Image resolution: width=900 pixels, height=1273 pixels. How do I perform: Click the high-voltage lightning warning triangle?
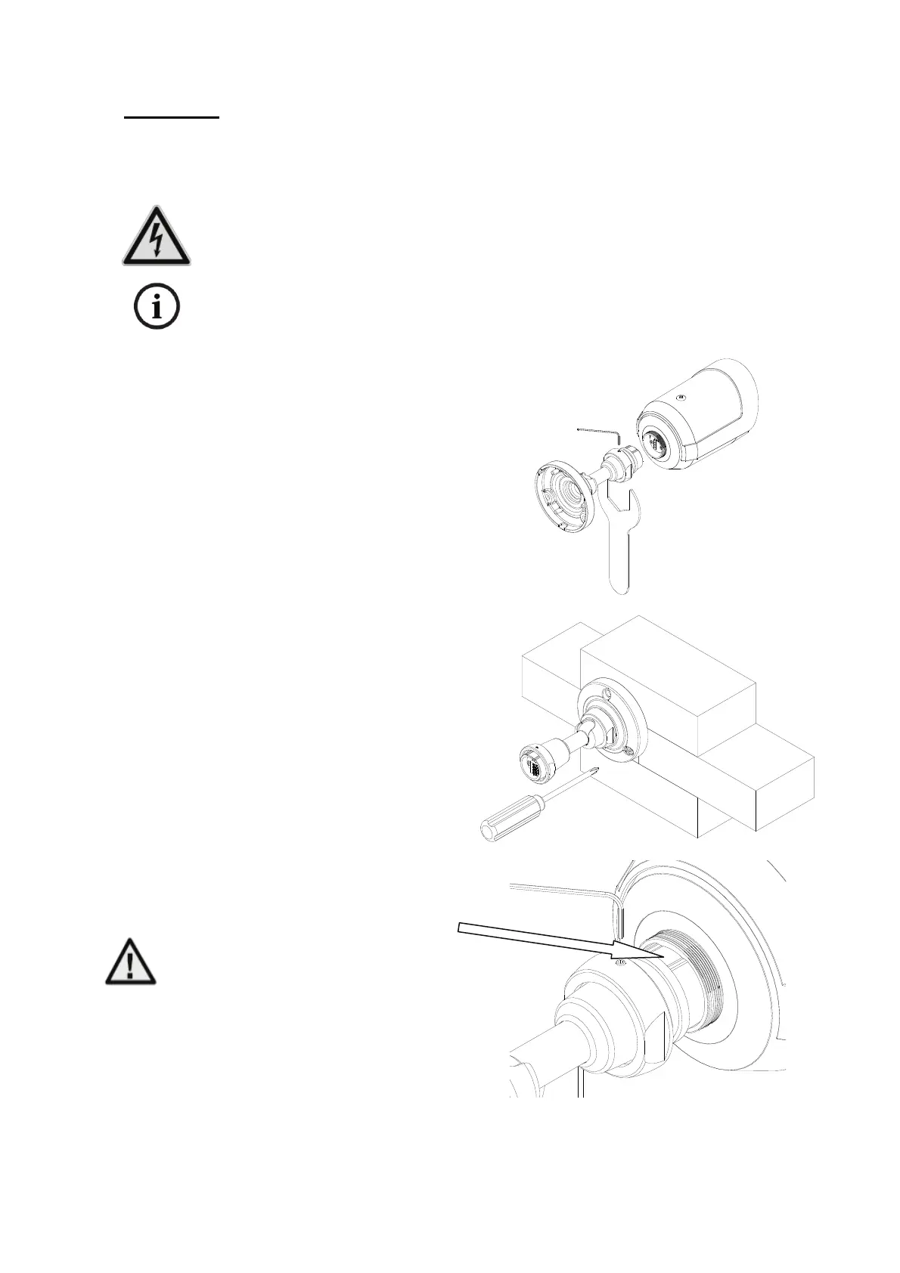tap(157, 237)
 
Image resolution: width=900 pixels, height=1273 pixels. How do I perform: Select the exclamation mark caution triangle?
tap(130, 962)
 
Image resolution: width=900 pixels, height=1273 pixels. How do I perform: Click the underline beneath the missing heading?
tap(172, 118)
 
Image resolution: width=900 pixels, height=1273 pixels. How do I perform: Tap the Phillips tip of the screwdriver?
tap(597, 772)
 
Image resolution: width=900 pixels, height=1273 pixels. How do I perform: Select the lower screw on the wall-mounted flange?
tap(626, 751)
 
